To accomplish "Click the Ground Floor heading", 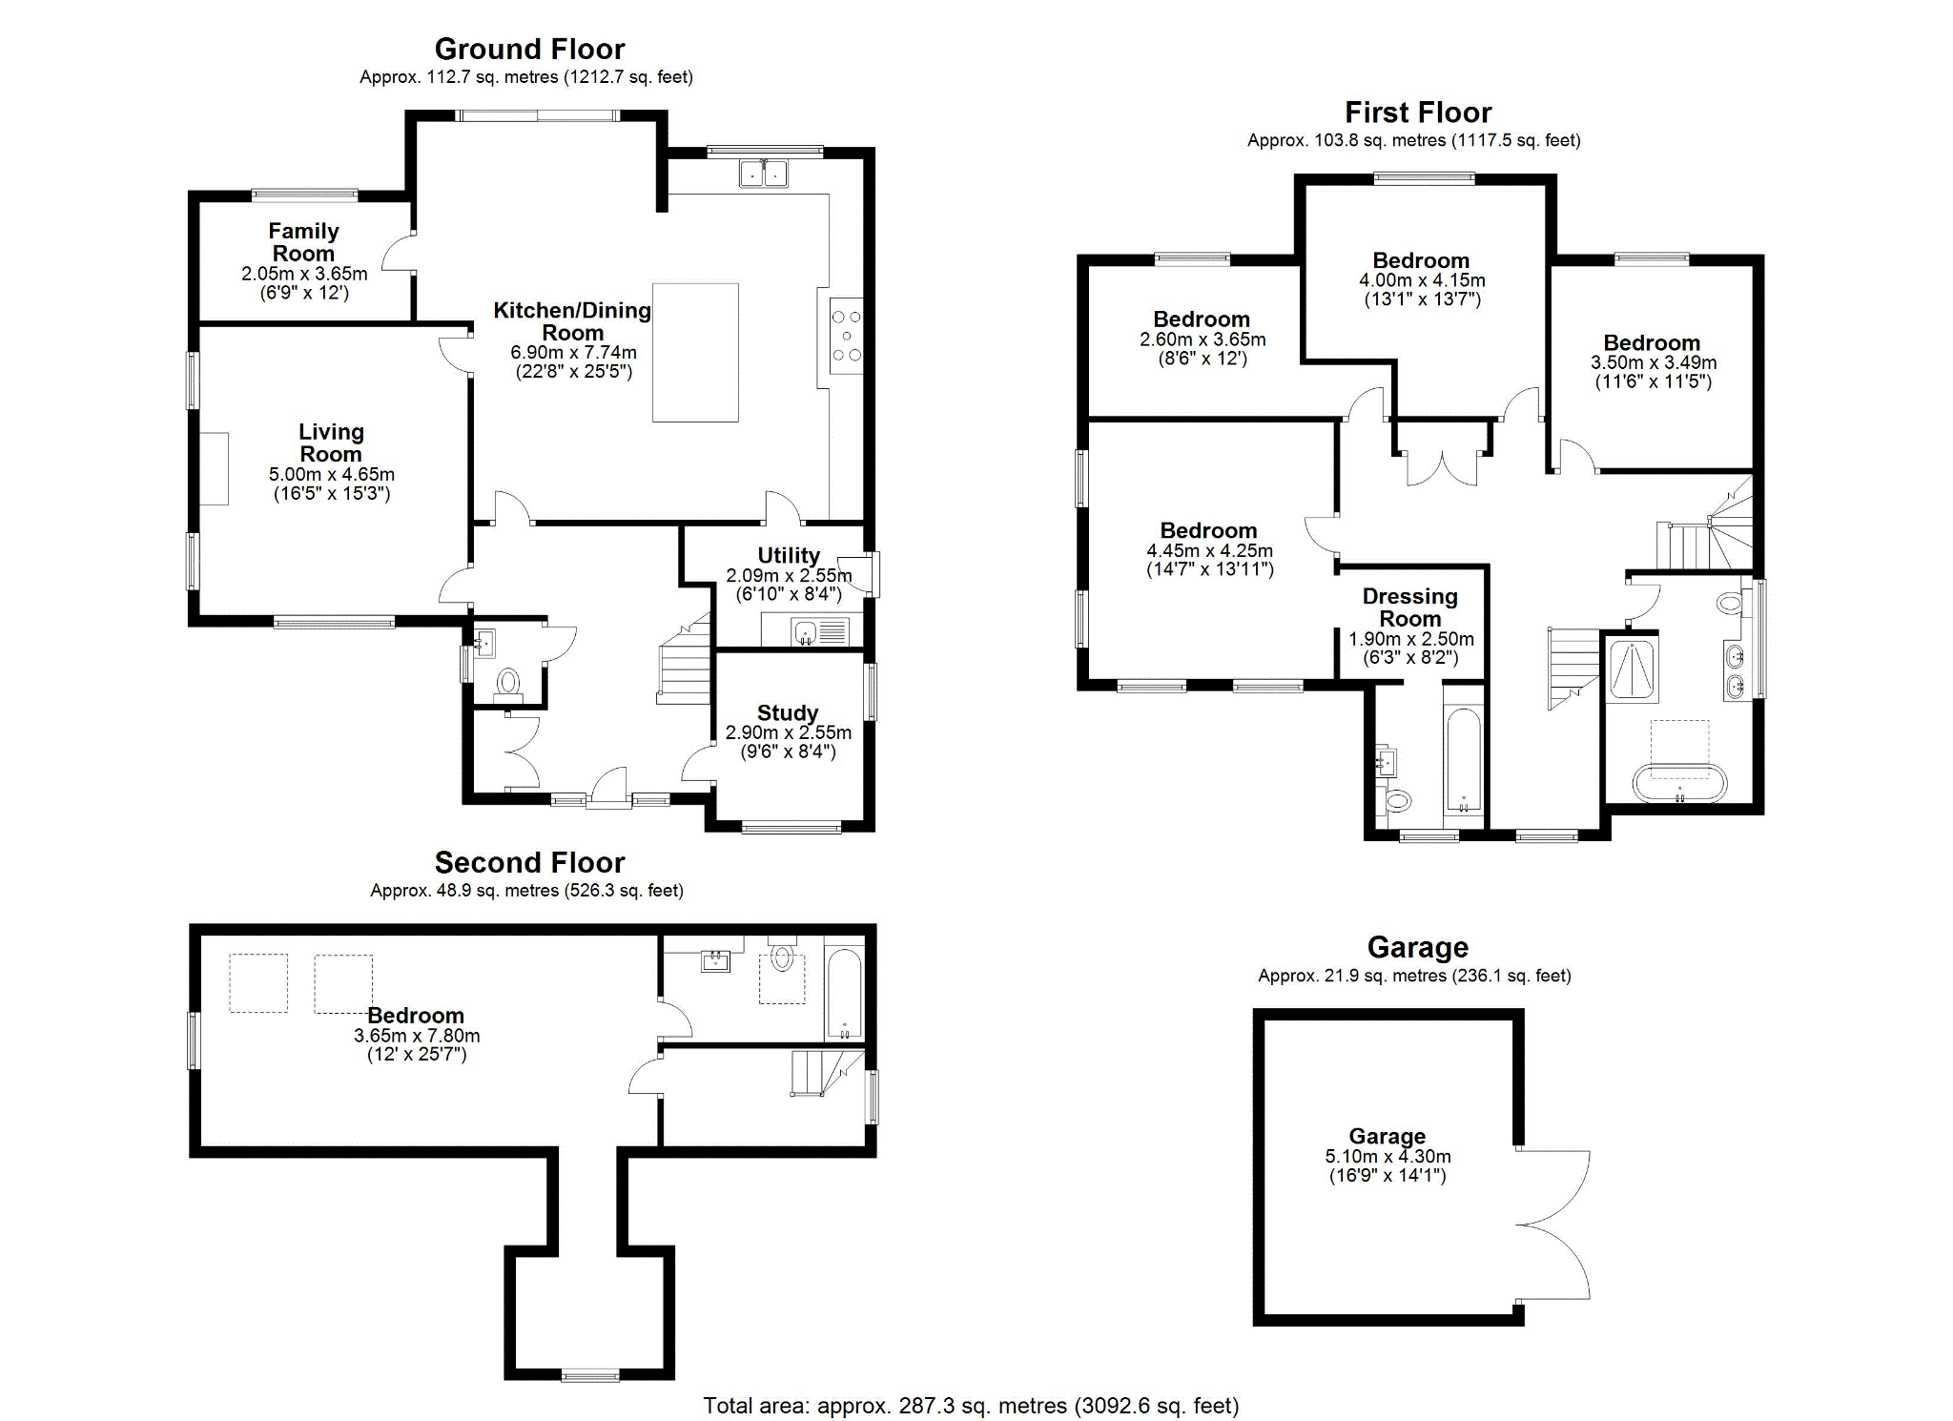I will point(529,49).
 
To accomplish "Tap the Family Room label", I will point(303,242).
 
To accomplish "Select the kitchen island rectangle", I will point(695,352).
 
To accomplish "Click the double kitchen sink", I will point(764,174).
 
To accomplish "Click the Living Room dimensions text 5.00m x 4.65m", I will point(332,474).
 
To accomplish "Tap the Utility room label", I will point(789,555).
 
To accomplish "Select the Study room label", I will point(788,713).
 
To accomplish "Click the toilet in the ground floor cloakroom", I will point(508,682).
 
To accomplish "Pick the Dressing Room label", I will point(1409,608).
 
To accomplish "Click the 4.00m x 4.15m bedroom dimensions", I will point(1421,280).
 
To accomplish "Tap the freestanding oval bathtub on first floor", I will point(1678,782).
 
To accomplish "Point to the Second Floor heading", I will point(529,862).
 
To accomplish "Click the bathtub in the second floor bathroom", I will point(845,994).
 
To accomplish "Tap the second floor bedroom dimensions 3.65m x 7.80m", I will point(417,1036).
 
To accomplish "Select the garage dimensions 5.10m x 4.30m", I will point(1388,1156).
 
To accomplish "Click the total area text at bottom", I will point(971,1405).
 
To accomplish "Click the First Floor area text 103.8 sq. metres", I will point(1413,140).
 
